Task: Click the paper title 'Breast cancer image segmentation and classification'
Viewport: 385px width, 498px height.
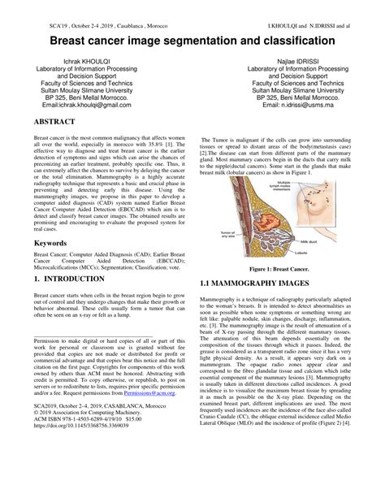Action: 192,38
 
